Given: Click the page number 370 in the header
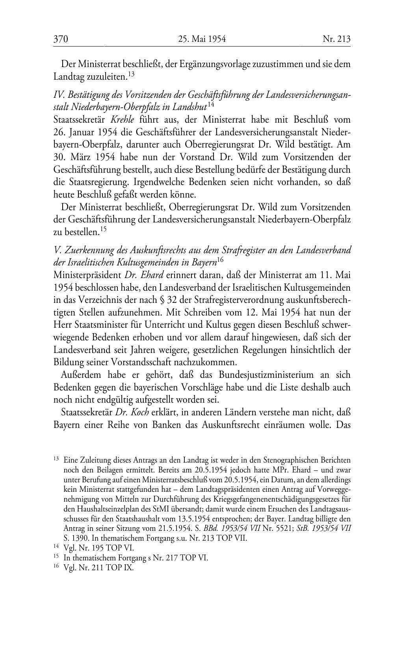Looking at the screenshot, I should (x=61, y=39).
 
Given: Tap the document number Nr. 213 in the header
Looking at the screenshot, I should (x=336, y=39).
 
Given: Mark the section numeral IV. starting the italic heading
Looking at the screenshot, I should (x=59, y=95).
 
